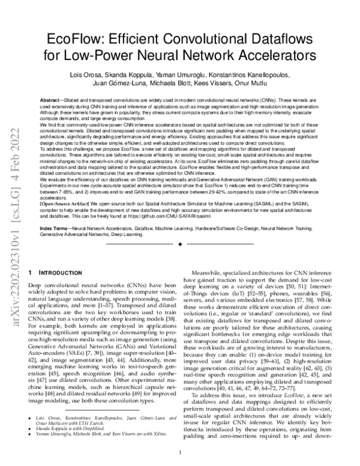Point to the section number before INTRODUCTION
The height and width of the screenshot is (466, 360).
point(30,272)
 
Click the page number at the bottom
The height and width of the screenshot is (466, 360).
point(179,455)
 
